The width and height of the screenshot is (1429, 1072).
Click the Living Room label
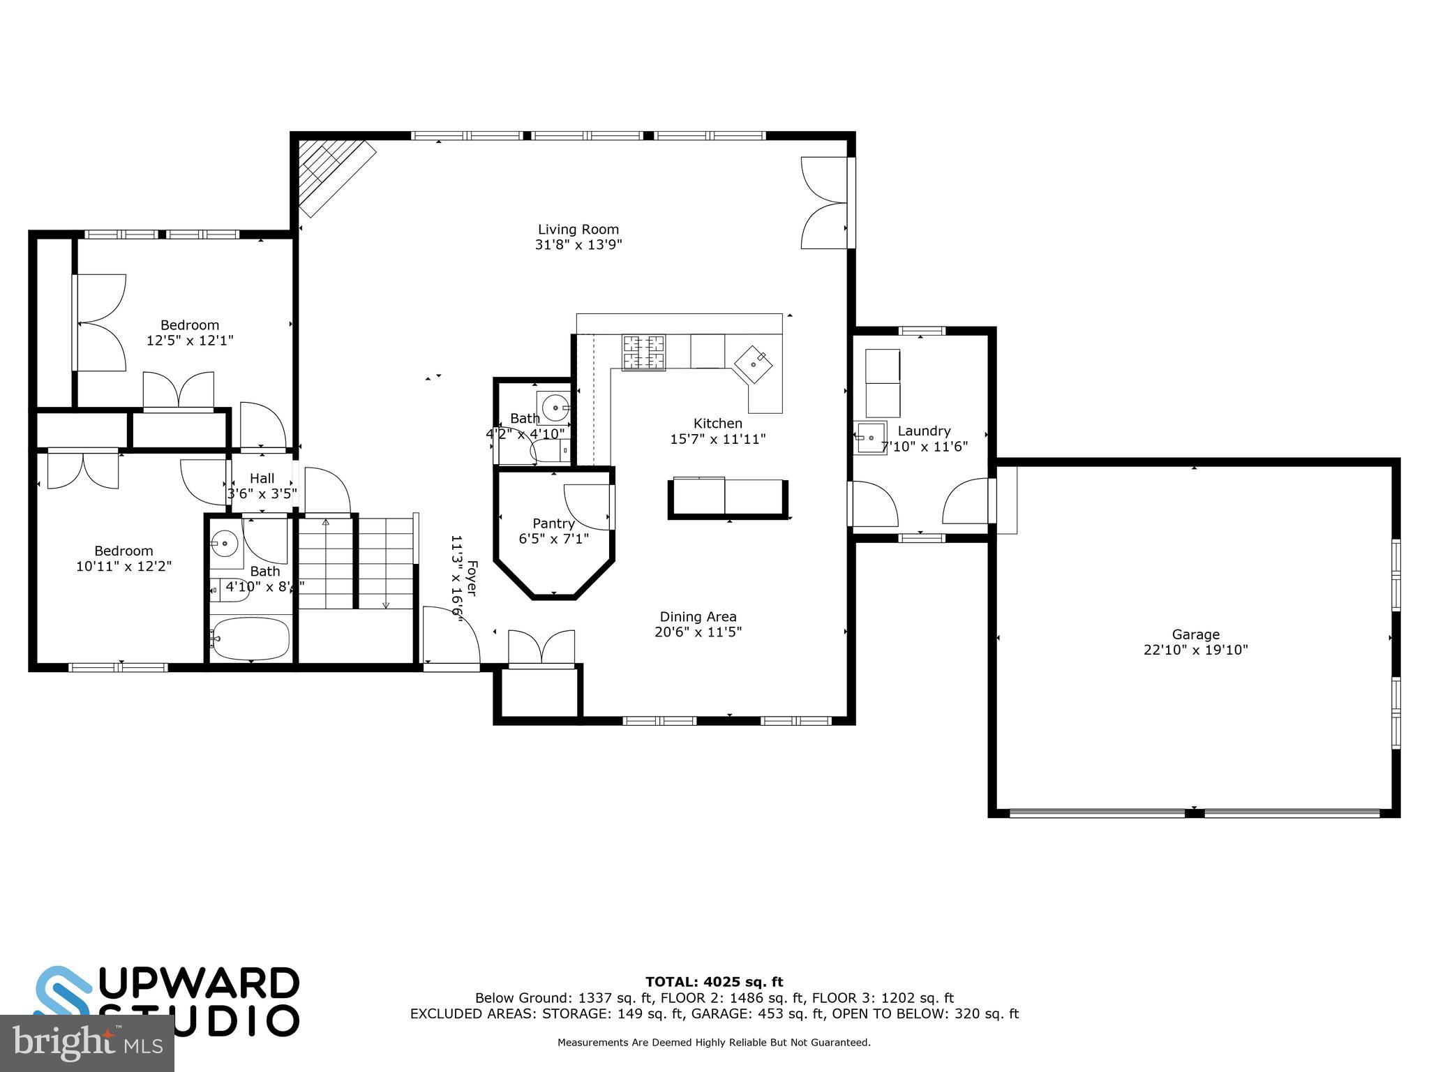coord(578,230)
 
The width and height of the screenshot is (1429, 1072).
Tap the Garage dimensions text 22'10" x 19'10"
coord(1195,650)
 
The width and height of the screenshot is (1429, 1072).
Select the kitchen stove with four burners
coord(643,352)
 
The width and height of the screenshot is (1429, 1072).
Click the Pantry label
coord(553,523)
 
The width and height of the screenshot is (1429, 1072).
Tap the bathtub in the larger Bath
coord(250,638)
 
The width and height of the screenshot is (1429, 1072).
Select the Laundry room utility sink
coord(870,438)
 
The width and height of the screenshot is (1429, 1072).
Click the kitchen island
coord(728,497)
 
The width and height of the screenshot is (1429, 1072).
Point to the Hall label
coord(262,478)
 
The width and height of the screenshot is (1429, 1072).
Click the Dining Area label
coord(698,617)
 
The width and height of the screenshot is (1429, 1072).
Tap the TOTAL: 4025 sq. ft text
coord(714,982)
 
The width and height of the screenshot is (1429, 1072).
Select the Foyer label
coord(472,578)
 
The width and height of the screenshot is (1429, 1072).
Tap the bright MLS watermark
coord(87,1043)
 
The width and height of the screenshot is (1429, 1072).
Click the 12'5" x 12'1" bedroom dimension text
coord(189,341)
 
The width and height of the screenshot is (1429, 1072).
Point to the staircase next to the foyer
coord(356,563)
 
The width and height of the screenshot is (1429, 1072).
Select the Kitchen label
coord(717,424)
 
